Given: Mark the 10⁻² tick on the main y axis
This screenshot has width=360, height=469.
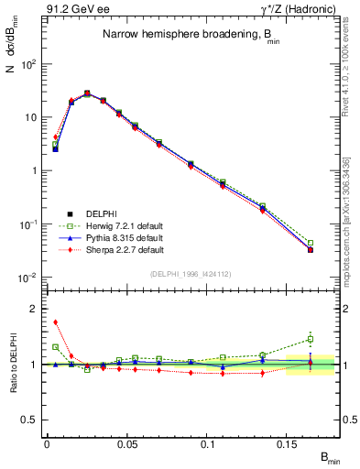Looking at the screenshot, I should (x=29, y=278).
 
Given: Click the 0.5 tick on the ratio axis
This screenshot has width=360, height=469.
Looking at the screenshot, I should (x=29, y=420).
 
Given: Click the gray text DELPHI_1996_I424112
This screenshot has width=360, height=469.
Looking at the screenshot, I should (x=189, y=272).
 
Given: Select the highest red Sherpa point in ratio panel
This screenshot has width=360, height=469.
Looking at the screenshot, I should (x=55, y=322).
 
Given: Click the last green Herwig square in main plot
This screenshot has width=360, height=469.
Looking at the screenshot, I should (x=311, y=243).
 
